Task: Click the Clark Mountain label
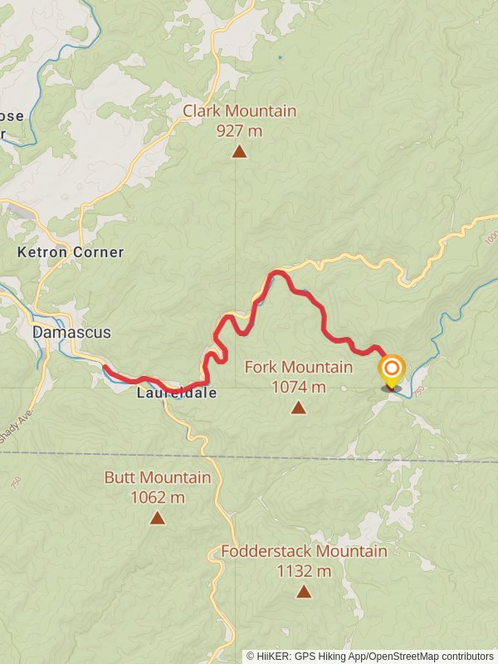coord(239,111)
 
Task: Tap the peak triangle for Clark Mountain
coord(239,151)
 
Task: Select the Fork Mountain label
coord(298,367)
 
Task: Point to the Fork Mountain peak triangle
coord(298,408)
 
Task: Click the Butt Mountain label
coord(157,478)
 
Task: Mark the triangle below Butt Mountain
coord(157,519)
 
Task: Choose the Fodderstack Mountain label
coord(304,552)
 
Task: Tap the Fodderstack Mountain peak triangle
coord(304,592)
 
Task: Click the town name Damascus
coord(71,332)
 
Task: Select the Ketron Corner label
coord(71,252)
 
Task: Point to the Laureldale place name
coord(177,393)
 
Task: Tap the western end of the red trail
coord(105,367)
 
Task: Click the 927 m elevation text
coord(239,130)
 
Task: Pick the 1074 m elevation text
coord(298,387)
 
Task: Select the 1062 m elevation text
coord(157,498)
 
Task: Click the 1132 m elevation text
coord(304,572)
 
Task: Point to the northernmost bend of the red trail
coord(279,272)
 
